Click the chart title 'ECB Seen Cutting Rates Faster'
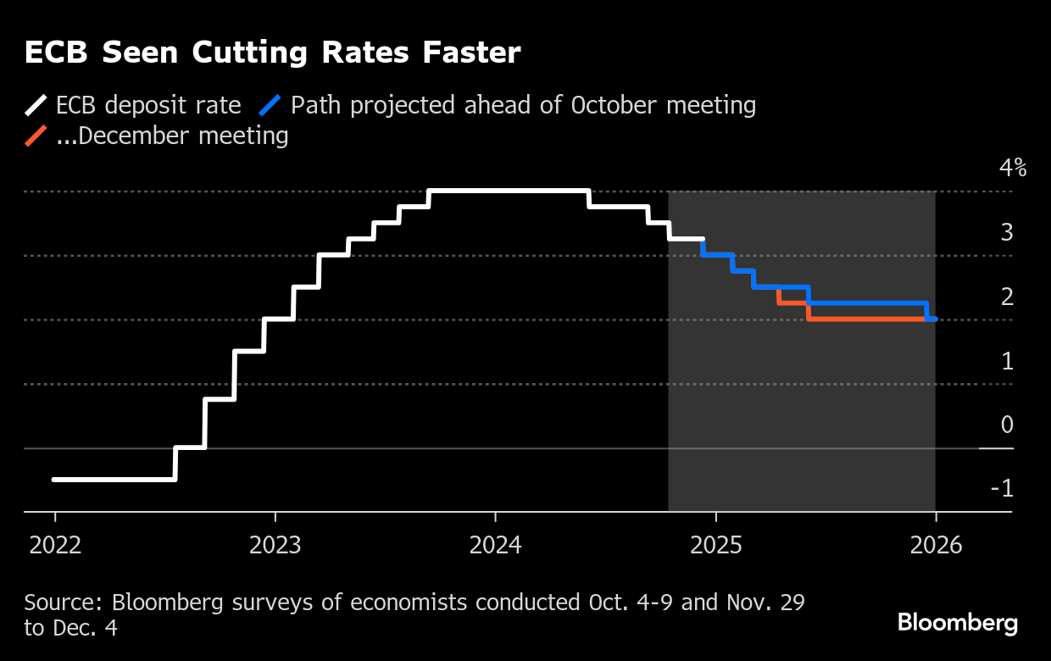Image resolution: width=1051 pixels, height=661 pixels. tap(272, 53)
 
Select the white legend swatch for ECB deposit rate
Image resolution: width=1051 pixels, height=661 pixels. tap(36, 106)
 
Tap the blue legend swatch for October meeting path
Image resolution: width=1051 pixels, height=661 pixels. tap(270, 106)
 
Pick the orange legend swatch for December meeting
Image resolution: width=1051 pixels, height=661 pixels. tap(36, 136)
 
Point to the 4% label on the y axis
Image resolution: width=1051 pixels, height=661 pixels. tap(1013, 168)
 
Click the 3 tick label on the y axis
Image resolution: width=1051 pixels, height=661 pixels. tap(1007, 232)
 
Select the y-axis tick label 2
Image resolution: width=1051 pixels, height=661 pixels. tap(1007, 297)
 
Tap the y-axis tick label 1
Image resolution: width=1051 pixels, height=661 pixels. tap(1007, 361)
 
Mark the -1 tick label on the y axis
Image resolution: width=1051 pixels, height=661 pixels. tap(1002, 489)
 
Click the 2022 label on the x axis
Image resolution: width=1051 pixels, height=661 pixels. tap(55, 545)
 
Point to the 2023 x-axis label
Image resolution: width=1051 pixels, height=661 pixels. tap(275, 545)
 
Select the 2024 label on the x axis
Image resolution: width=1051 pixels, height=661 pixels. tap(495, 545)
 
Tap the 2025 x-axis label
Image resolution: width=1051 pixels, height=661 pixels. tap(715, 545)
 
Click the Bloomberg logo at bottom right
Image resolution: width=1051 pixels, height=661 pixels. tap(958, 624)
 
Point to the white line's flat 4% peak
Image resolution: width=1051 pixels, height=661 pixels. tap(509, 191)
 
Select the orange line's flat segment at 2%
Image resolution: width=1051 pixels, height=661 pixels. tap(865, 319)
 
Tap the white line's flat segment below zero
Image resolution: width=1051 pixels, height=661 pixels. tap(114, 480)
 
